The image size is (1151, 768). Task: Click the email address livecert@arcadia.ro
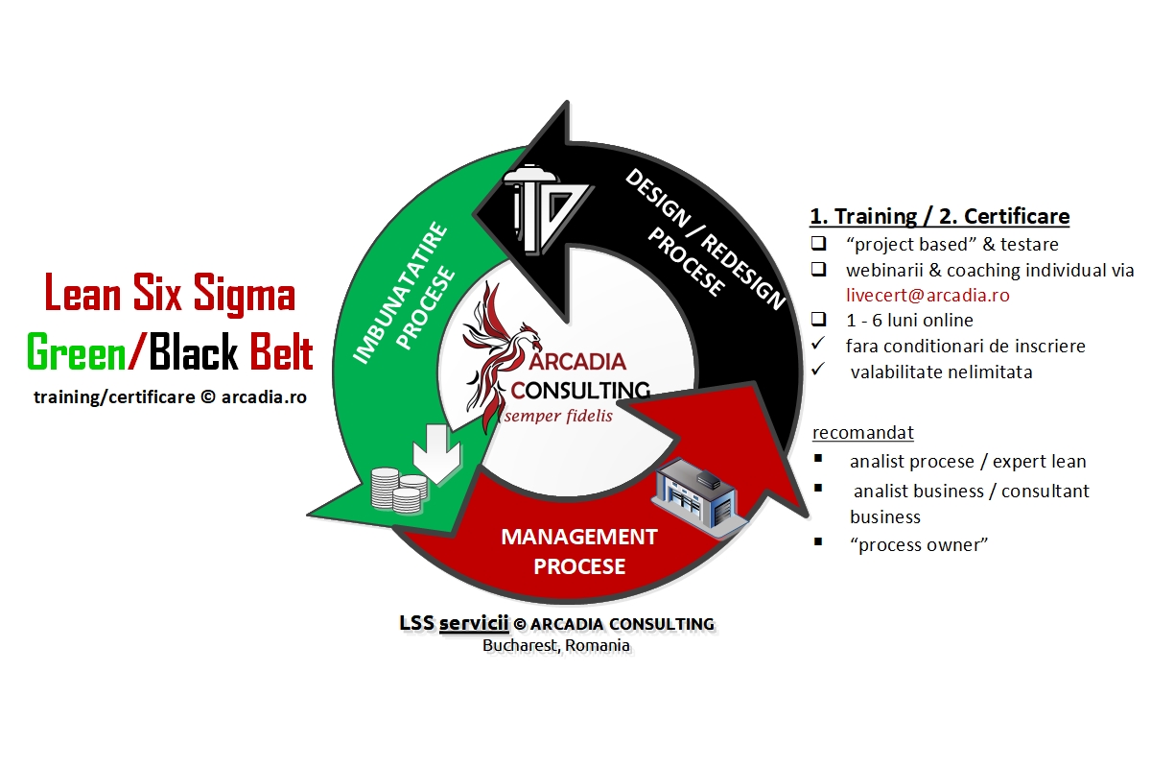click(x=928, y=295)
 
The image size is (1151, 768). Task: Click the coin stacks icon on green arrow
click(x=397, y=487)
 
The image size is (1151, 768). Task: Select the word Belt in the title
click(x=281, y=353)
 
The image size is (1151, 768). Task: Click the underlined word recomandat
click(x=862, y=431)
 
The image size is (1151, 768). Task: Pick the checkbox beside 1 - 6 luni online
click(x=818, y=319)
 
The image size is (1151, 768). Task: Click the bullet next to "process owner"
click(x=817, y=541)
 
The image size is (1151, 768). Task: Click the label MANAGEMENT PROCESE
click(x=579, y=551)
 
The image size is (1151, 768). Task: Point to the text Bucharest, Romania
click(x=556, y=645)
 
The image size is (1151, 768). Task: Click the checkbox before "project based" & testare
click(x=818, y=243)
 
